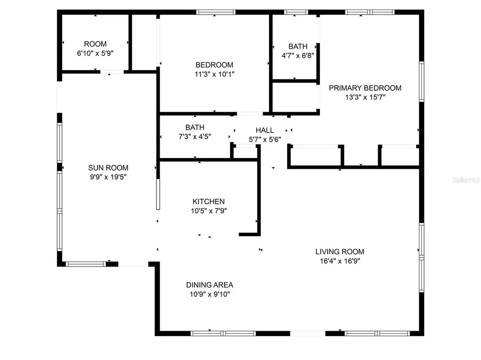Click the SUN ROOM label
108,168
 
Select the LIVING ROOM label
340,251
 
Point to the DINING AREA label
209,285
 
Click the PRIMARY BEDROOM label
365,88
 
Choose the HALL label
264,130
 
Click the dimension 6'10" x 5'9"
95,54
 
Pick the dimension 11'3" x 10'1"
214,74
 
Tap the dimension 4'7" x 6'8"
298,55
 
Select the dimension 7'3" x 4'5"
194,137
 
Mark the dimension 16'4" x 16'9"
340,261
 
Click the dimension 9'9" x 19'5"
108,177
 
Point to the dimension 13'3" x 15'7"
365,97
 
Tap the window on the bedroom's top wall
216,12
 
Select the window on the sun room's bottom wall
85,264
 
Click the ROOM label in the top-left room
95,44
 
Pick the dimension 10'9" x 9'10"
209,294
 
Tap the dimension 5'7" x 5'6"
264,140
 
